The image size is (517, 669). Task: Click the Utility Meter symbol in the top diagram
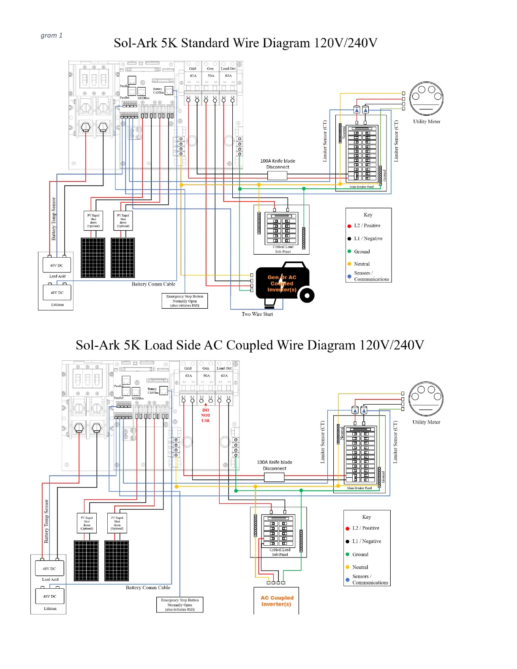pyautogui.click(x=426, y=98)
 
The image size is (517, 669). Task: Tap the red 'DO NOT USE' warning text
pyautogui.click(x=206, y=415)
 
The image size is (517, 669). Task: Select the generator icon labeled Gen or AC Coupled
pyautogui.click(x=282, y=283)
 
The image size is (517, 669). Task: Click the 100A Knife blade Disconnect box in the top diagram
pyautogui.click(x=278, y=175)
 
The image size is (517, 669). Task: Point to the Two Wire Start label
pyautogui.click(x=257, y=314)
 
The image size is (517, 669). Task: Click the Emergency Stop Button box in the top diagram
pyautogui.click(x=185, y=301)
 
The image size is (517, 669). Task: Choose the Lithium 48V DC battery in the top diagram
pyautogui.click(x=57, y=292)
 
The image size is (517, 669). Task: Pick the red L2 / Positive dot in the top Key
pyautogui.click(x=349, y=226)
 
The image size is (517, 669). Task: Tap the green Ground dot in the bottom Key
pyautogui.click(x=347, y=554)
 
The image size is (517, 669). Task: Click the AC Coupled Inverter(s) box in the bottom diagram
pyautogui.click(x=277, y=601)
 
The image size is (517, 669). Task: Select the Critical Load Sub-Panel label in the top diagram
pyautogui.click(x=283, y=249)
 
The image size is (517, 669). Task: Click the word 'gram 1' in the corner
pyautogui.click(x=52, y=35)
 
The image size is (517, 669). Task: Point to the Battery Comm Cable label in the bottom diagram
pyautogui.click(x=148, y=587)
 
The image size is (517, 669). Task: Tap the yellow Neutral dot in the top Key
pyautogui.click(x=349, y=264)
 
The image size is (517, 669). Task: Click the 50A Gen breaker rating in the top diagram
pyautogui.click(x=211, y=76)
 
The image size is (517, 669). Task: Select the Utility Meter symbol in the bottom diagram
pyautogui.click(x=426, y=399)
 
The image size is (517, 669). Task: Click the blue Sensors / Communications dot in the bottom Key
pyautogui.click(x=347, y=580)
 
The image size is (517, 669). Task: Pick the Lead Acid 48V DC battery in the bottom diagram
pyautogui.click(x=49, y=569)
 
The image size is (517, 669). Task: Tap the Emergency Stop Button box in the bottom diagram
pyautogui.click(x=180, y=604)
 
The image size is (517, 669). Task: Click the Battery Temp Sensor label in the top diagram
pyautogui.click(x=54, y=219)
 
